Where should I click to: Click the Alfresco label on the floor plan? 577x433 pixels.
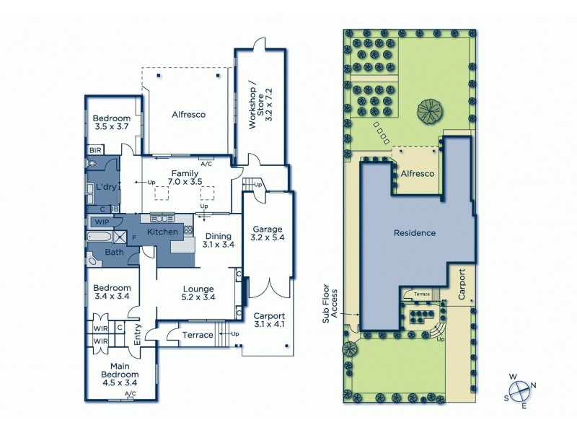pyautogui.click(x=189, y=115)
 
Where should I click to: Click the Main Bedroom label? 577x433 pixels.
pyautogui.click(x=119, y=379)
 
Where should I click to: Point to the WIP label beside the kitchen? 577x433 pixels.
pyautogui.click(x=102, y=222)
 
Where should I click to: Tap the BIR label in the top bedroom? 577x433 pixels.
pyautogui.click(x=95, y=150)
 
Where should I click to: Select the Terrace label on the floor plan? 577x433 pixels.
pyautogui.click(x=198, y=335)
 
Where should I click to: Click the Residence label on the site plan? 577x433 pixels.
pyautogui.click(x=415, y=233)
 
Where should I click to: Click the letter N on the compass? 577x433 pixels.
pyautogui.click(x=534, y=385)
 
